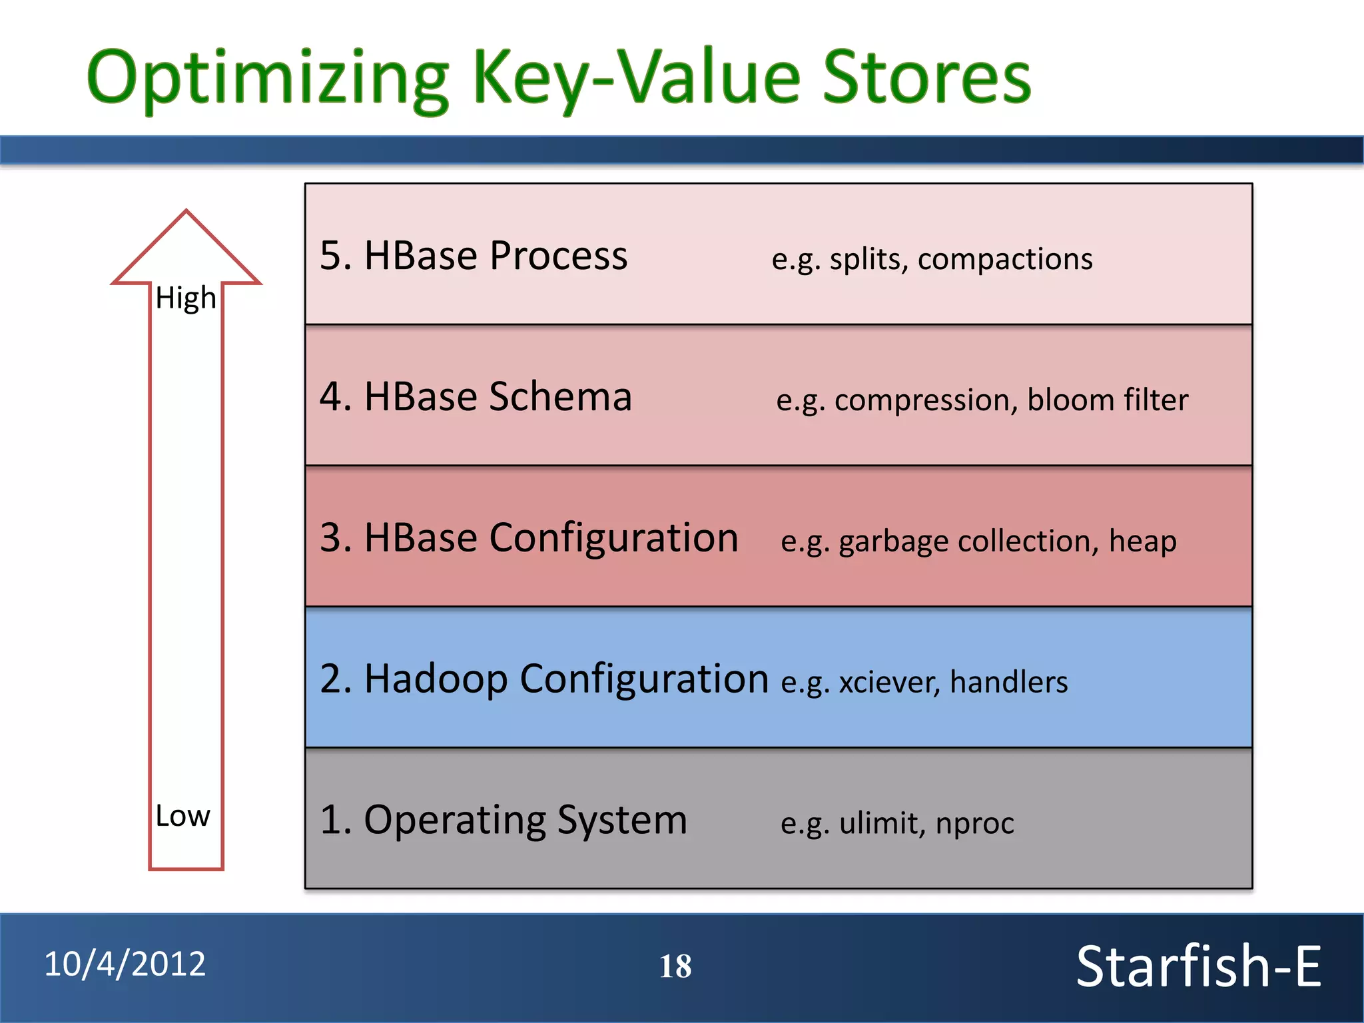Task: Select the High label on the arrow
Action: click(186, 298)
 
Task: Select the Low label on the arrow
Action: click(182, 816)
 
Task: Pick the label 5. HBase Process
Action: click(474, 256)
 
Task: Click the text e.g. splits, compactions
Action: click(932, 259)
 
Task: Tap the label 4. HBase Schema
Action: click(476, 397)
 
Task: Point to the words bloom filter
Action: click(1108, 400)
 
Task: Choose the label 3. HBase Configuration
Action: click(529, 538)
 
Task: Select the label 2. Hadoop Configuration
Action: click(544, 679)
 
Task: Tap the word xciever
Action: click(889, 683)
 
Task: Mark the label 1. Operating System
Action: click(504, 820)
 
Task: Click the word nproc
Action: click(974, 824)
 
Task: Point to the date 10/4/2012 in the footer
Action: click(125, 964)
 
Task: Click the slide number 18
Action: click(675, 966)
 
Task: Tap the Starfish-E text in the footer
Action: click(1198, 966)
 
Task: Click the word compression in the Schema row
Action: click(926, 400)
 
